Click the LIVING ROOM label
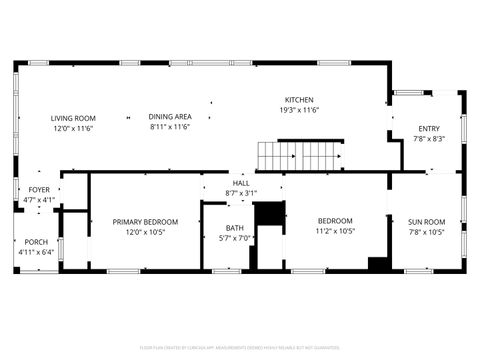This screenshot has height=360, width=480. pos(73,118)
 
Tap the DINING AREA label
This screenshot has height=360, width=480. pos(170,117)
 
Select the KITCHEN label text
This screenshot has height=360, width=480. pos(300,100)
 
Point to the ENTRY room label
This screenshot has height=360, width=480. pos(429,129)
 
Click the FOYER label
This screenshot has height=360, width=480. pos(39,190)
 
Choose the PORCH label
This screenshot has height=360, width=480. pos(36,242)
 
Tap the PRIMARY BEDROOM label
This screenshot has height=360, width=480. pos(145,221)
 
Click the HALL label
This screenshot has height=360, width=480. pos(242,183)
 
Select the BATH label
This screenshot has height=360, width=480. pos(235,229)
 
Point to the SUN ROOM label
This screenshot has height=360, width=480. pos(427,221)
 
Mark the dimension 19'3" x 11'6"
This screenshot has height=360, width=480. pos(300,110)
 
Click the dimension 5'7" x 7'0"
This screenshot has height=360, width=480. pos(235,238)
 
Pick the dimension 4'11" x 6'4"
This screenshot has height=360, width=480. pos(36,252)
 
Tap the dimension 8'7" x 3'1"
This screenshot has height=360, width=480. pos(242,193)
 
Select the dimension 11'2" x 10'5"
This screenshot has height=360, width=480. pos(336,231)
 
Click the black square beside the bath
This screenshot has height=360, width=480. pos(269,215)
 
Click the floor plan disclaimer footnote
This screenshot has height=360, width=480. pos(240,349)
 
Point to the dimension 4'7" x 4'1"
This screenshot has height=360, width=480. pos(39,200)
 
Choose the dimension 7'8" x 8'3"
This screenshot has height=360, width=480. pos(429,139)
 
